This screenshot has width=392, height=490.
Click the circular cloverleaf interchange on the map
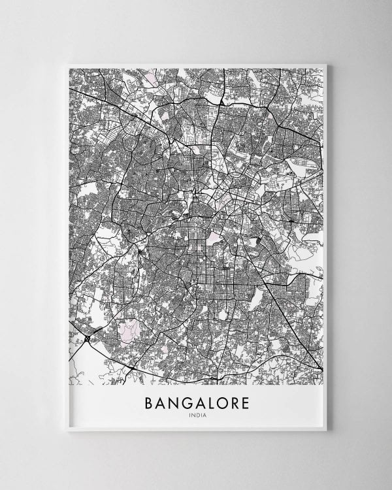pyautogui.click(x=87, y=338)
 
